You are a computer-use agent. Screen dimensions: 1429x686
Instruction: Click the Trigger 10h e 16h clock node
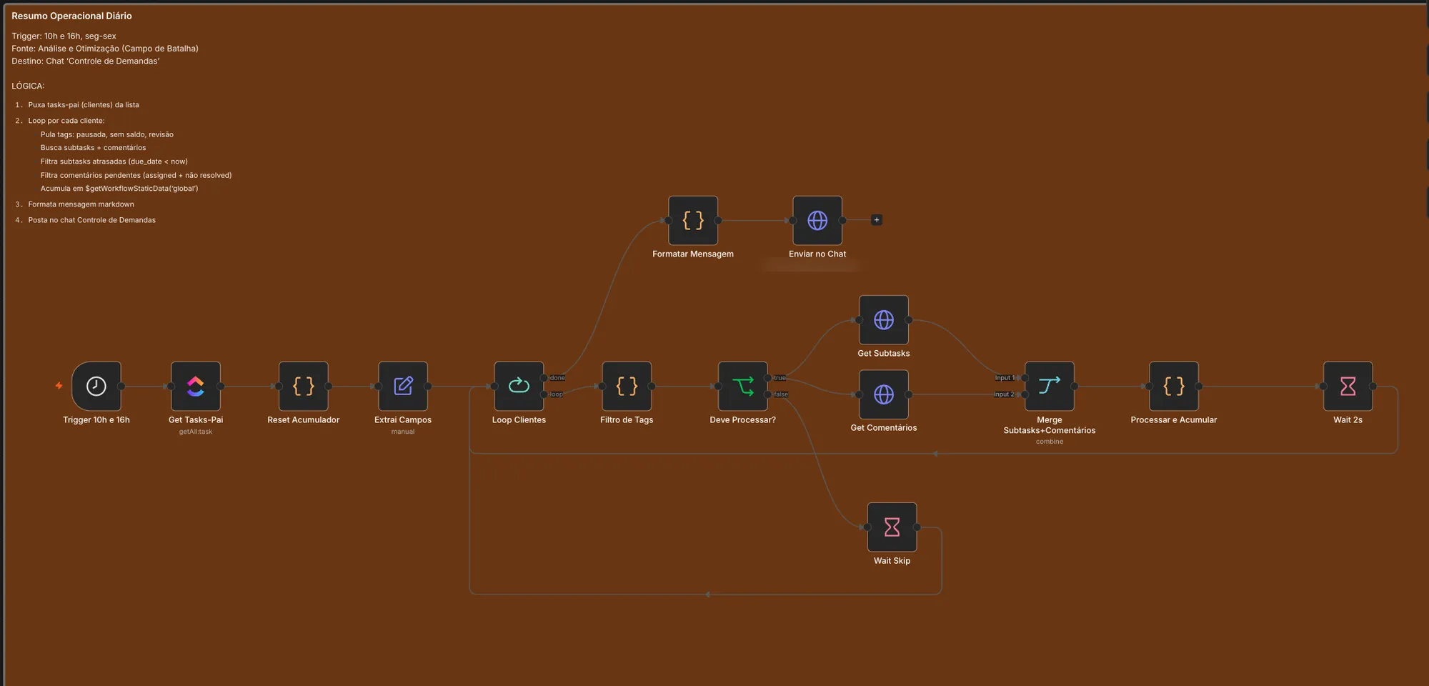(x=96, y=386)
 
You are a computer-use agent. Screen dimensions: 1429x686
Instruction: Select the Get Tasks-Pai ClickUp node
(x=196, y=386)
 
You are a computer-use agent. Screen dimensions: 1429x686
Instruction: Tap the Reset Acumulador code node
(x=304, y=386)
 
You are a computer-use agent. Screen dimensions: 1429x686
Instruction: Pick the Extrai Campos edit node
(x=403, y=386)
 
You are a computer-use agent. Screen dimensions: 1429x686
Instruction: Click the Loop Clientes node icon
(x=519, y=386)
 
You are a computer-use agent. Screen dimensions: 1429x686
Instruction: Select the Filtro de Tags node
(x=627, y=386)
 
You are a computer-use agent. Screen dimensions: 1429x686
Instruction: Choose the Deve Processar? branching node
(x=743, y=386)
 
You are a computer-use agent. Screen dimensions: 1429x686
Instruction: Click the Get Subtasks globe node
(x=884, y=320)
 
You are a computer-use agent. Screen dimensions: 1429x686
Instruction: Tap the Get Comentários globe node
(x=884, y=394)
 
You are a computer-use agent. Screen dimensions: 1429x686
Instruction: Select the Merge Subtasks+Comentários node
(x=1050, y=386)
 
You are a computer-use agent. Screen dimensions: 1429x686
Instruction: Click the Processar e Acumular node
(x=1174, y=386)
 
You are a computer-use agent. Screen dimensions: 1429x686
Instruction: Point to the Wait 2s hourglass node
(x=1348, y=386)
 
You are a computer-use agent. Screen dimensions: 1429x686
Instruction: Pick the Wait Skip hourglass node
(x=892, y=527)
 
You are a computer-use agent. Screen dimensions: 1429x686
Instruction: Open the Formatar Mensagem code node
(x=693, y=220)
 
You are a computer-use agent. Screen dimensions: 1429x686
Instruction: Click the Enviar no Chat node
(x=817, y=220)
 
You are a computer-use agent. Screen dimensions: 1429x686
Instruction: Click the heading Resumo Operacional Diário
(x=71, y=16)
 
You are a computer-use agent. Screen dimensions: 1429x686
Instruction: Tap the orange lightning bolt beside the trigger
(x=59, y=386)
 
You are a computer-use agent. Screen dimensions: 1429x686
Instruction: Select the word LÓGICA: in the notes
(x=28, y=86)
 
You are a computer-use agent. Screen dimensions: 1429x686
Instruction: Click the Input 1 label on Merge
(x=1005, y=378)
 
